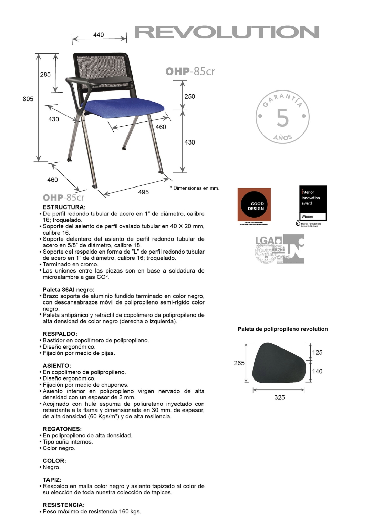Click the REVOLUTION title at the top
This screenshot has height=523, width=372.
[227, 32]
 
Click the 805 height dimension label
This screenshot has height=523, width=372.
[28, 99]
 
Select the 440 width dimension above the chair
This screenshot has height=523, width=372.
[99, 35]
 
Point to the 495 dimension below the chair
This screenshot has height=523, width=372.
[143, 192]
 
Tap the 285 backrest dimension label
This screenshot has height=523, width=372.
[45, 74]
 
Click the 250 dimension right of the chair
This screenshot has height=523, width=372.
[189, 97]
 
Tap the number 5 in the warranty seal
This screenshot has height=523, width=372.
[282, 118]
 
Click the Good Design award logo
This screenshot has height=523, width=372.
[254, 205]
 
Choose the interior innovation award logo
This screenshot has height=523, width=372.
[313, 203]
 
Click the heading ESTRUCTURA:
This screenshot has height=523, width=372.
[64, 207]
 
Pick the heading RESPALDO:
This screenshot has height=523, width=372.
[60, 334]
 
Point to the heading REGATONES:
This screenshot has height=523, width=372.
[62, 429]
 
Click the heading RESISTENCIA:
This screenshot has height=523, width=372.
[64, 505]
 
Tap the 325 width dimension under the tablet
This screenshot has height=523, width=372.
[279, 397]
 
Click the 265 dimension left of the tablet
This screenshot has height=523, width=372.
[239, 363]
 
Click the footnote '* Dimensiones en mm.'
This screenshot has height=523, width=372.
[195, 188]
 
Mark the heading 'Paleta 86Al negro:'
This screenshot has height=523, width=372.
[69, 290]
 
